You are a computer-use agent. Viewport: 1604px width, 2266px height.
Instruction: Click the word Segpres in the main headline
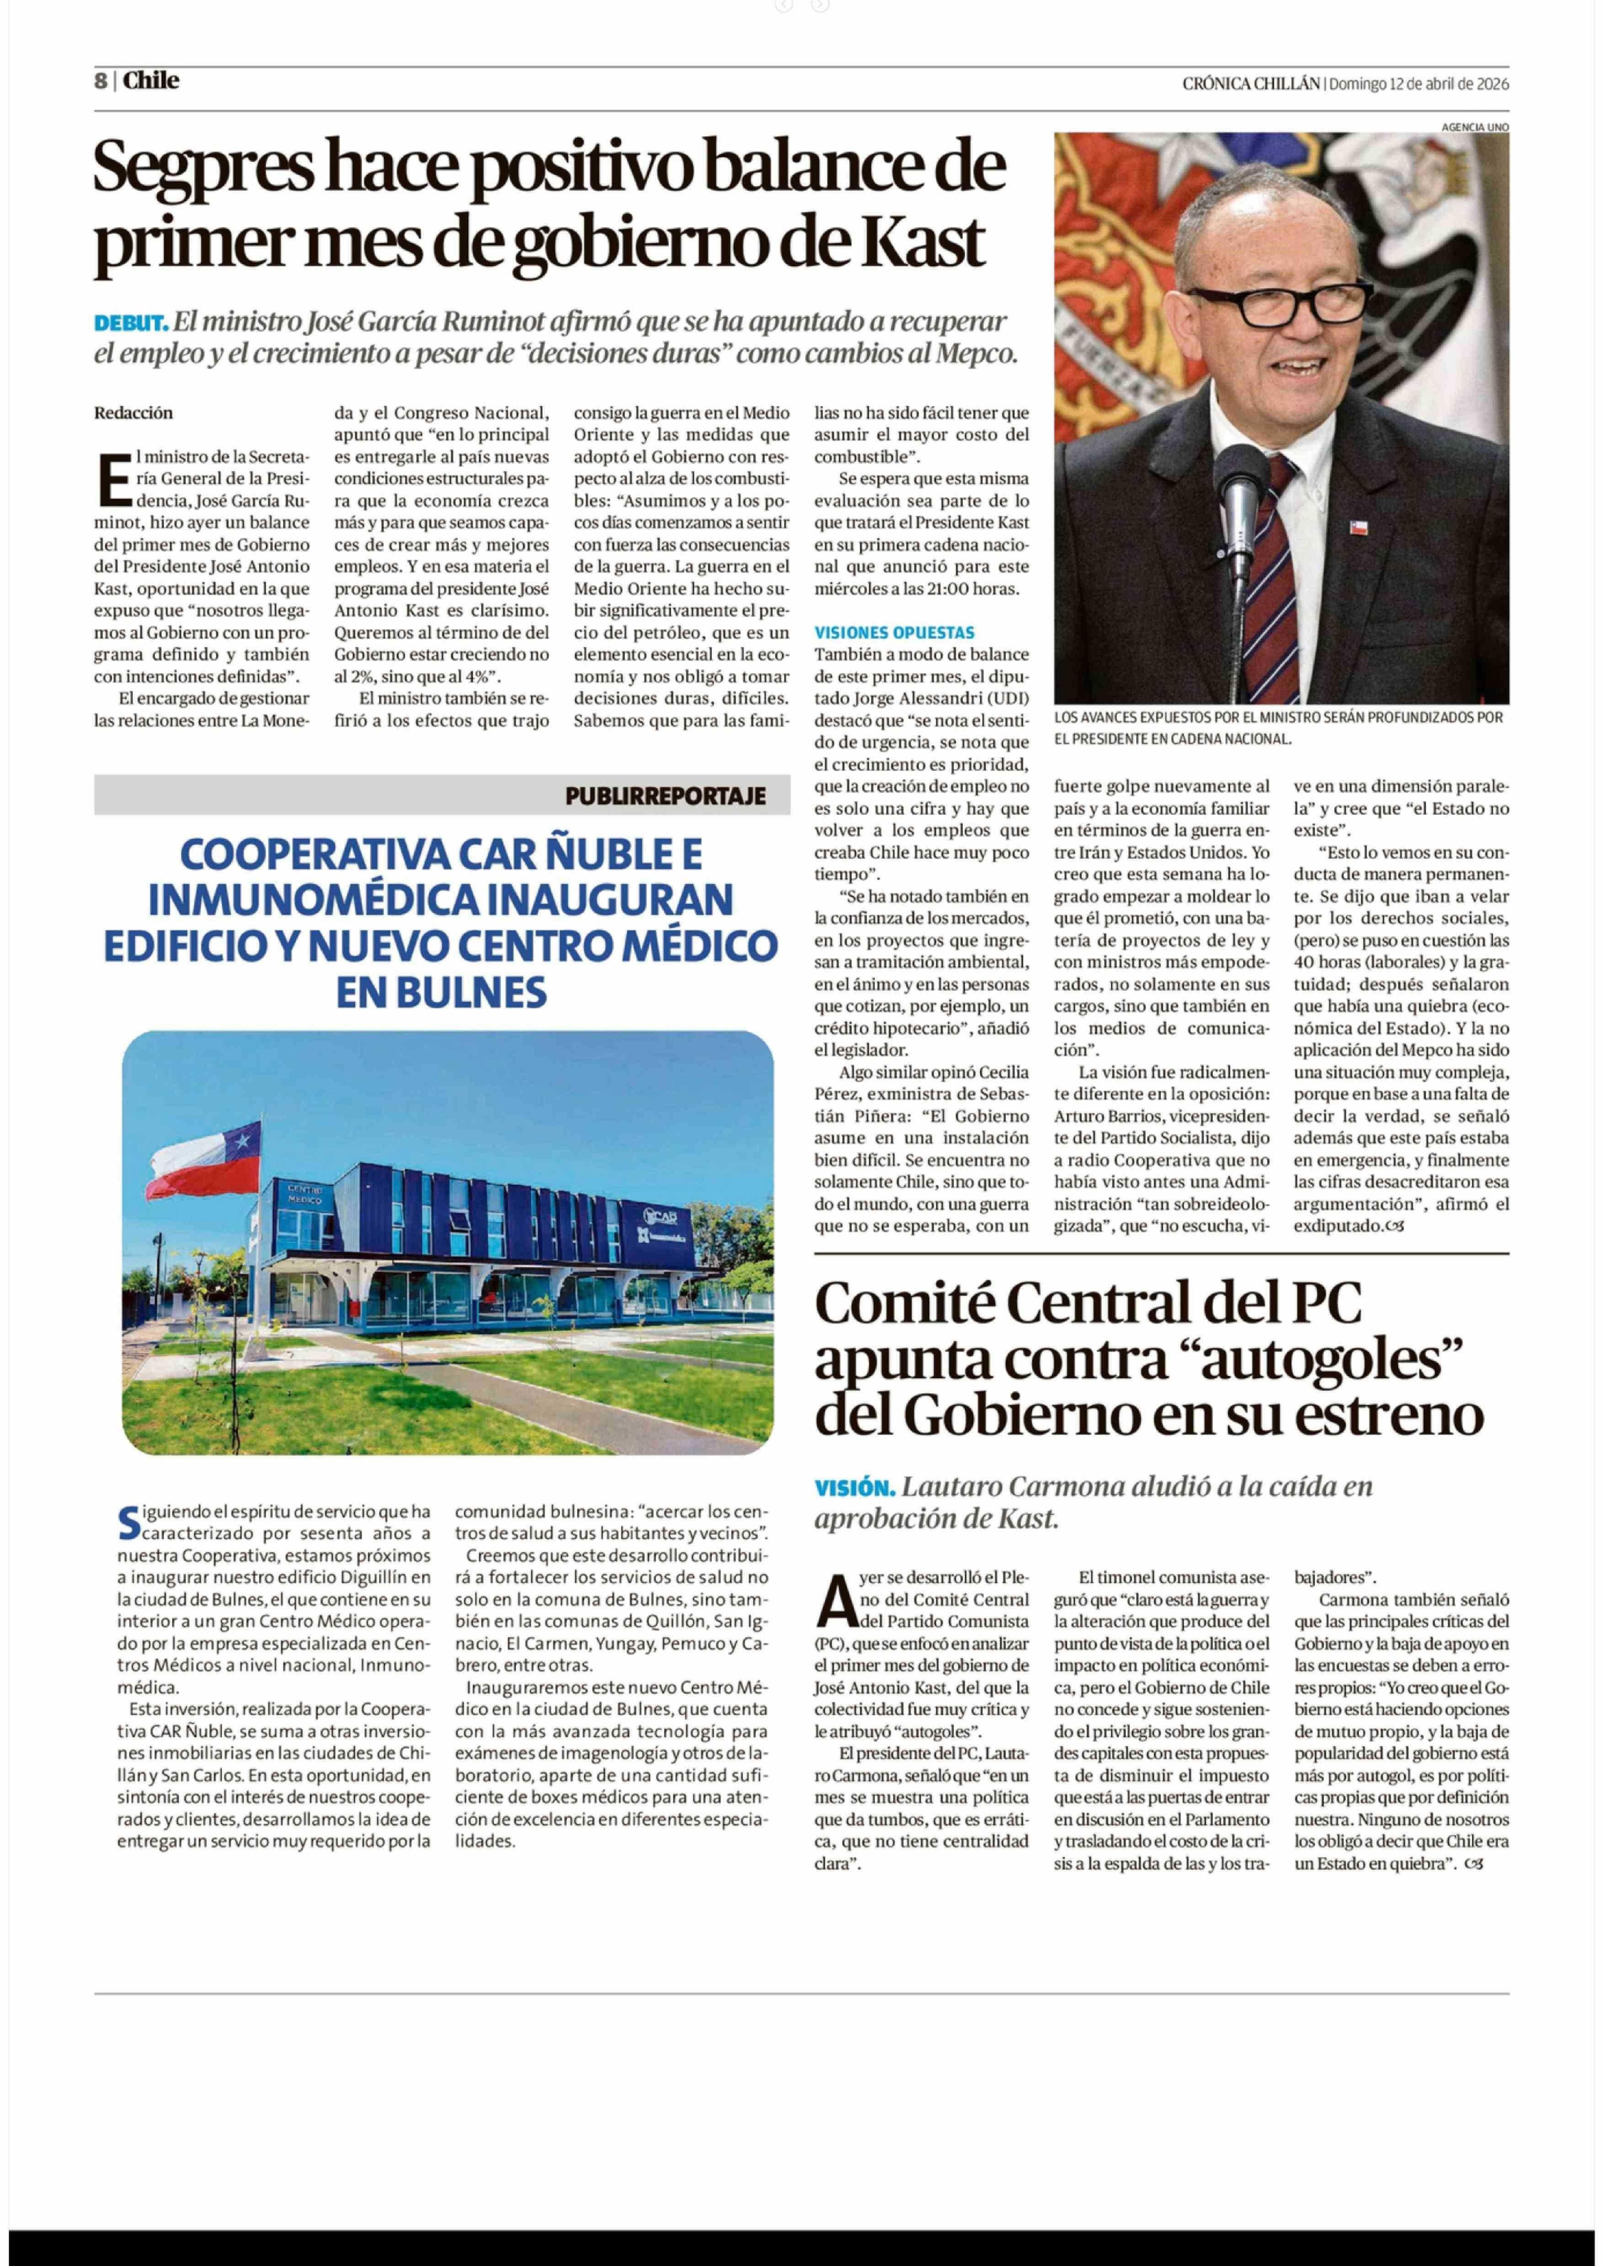click(x=203, y=168)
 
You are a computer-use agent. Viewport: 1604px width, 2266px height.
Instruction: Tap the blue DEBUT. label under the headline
click(x=130, y=323)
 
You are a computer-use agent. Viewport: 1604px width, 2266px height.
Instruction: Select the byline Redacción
click(x=134, y=413)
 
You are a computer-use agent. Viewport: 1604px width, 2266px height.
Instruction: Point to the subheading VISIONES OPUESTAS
click(x=894, y=633)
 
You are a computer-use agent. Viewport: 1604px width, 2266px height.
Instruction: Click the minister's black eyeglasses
click(x=1279, y=306)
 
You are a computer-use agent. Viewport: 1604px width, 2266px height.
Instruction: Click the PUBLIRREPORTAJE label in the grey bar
click(x=665, y=796)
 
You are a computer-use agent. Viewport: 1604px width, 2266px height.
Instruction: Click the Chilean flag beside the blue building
click(x=205, y=1155)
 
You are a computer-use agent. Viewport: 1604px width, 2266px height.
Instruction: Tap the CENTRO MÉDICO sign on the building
click(x=305, y=1192)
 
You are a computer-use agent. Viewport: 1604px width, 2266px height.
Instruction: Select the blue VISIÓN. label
click(x=854, y=1487)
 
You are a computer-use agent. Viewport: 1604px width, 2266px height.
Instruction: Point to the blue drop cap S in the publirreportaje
click(x=128, y=1521)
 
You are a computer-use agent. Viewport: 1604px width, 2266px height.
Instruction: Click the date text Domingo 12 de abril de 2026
click(x=1418, y=84)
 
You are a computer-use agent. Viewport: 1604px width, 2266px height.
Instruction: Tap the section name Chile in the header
click(x=151, y=81)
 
